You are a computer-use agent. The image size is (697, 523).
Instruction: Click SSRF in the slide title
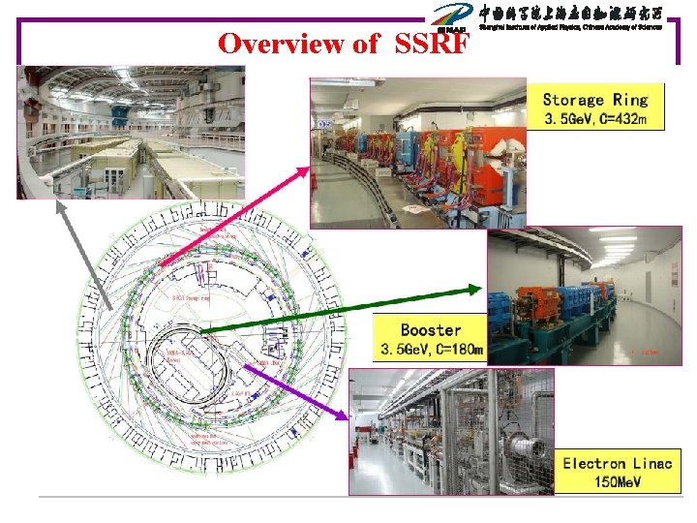[433, 44]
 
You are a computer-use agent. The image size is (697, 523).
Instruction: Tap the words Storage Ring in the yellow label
[594, 100]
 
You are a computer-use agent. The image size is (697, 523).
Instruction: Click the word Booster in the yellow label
[431, 330]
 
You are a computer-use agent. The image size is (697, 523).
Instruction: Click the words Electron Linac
[618, 463]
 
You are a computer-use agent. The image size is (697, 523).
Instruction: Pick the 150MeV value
[618, 481]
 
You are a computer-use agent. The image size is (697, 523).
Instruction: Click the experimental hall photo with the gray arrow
[130, 132]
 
